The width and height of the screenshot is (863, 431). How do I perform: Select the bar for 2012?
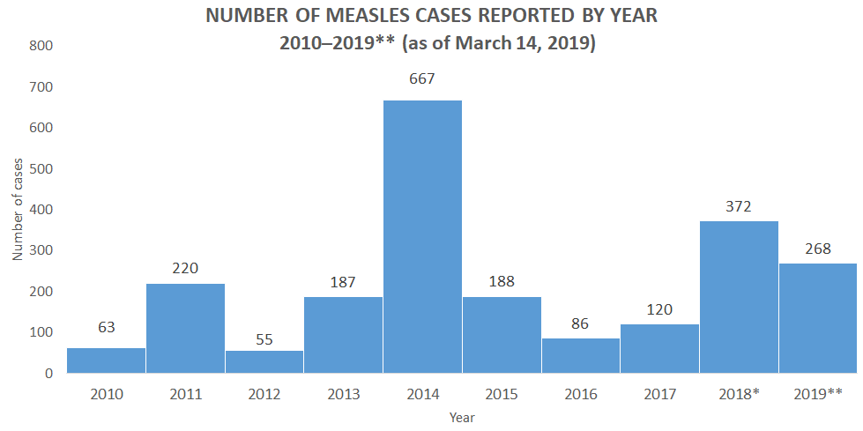pyautogui.click(x=264, y=361)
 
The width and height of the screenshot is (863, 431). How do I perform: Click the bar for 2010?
pyautogui.click(x=106, y=360)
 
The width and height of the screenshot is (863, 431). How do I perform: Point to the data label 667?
pyautogui.click(x=422, y=79)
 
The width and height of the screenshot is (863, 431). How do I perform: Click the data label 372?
pyautogui.click(x=739, y=206)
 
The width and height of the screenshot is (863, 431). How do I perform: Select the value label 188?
pyautogui.click(x=502, y=282)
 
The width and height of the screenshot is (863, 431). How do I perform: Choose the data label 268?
pyautogui.click(x=818, y=249)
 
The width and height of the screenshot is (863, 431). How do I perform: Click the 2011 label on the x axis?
pyautogui.click(x=185, y=393)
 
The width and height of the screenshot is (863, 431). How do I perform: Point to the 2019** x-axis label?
pyautogui.click(x=818, y=393)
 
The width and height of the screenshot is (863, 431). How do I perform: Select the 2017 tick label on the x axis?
pyautogui.click(x=660, y=393)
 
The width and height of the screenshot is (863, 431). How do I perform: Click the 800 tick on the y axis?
pyautogui.click(x=41, y=46)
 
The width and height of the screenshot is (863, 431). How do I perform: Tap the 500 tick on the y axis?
pyautogui.click(x=41, y=168)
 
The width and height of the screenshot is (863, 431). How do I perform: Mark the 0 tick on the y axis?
pyautogui.click(x=49, y=373)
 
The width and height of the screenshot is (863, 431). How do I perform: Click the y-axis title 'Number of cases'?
pyautogui.click(x=18, y=209)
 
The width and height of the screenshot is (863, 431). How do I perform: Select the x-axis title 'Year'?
pyautogui.click(x=462, y=416)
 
